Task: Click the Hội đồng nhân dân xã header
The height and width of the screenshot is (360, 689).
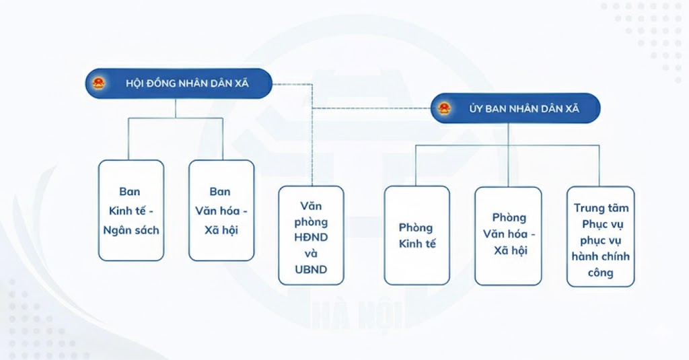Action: click(x=179, y=84)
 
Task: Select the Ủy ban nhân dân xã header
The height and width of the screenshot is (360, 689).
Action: click(x=515, y=108)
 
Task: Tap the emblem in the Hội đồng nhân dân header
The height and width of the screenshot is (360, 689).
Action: click(x=100, y=84)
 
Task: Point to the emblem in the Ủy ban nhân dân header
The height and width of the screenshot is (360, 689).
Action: click(x=444, y=108)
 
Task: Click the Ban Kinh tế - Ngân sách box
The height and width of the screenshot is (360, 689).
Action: click(x=131, y=210)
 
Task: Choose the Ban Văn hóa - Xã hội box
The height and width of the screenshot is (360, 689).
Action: click(x=221, y=210)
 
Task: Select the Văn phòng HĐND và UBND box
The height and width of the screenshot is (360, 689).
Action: click(x=311, y=235)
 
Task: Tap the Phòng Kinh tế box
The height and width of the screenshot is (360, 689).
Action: click(x=416, y=235)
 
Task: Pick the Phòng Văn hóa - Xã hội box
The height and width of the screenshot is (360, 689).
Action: click(x=508, y=235)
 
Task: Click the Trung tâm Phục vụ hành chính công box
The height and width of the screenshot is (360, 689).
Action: click(x=600, y=236)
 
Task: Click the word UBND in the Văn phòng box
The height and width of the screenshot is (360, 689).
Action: click(x=311, y=270)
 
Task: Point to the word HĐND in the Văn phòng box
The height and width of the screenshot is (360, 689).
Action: click(x=311, y=238)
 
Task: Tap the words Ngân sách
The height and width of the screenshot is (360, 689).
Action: click(x=131, y=229)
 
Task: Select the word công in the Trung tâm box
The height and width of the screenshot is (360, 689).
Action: click(x=600, y=273)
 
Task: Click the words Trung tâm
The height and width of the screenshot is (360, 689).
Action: click(x=600, y=209)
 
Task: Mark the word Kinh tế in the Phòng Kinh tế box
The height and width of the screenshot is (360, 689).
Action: click(x=416, y=244)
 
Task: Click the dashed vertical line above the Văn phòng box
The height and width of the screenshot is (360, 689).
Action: click(x=313, y=148)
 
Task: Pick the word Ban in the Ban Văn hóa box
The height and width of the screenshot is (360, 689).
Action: click(x=220, y=192)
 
